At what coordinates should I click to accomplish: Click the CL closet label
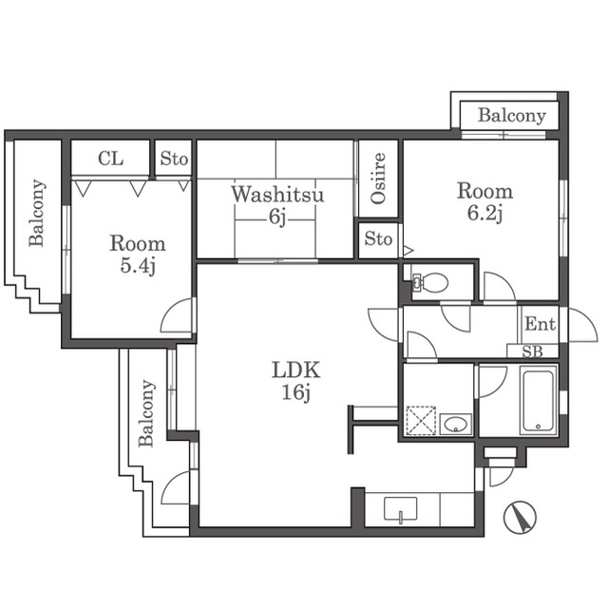tap(110, 159)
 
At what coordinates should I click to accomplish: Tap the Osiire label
tap(378, 179)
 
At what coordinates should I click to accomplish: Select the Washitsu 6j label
tap(277, 205)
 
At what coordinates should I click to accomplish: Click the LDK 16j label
tap(295, 381)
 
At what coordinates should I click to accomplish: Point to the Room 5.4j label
tap(138, 255)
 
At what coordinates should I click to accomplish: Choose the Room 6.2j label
tap(484, 202)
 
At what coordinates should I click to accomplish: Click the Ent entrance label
tap(541, 324)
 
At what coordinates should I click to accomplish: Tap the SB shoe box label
tap(533, 351)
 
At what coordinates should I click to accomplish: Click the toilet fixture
tap(430, 282)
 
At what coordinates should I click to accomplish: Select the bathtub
tap(539, 401)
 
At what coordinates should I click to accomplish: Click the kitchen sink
tap(401, 509)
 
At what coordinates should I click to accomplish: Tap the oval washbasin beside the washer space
tap(456, 424)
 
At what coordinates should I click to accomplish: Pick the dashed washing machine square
tap(421, 420)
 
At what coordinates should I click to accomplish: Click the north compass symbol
tap(520, 517)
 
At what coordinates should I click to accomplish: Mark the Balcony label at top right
tap(512, 115)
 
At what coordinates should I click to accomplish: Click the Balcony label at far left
tap(37, 213)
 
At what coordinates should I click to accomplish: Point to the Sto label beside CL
tap(174, 159)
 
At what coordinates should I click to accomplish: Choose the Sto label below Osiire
tap(378, 238)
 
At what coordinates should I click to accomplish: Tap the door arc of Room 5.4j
tap(178, 314)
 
